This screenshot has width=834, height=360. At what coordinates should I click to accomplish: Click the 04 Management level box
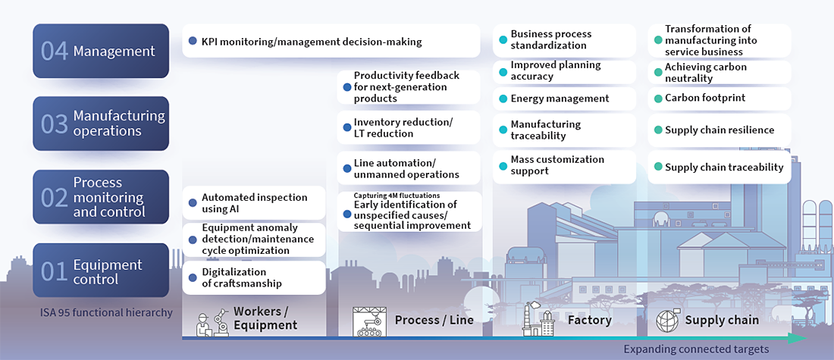point(101,51)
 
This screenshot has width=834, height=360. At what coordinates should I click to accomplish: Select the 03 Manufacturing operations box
point(101,123)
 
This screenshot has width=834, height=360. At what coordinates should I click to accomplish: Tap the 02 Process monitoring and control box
point(101,197)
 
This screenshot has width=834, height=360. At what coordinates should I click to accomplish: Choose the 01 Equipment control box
point(101,271)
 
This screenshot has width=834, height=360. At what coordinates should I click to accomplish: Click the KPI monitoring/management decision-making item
point(331,41)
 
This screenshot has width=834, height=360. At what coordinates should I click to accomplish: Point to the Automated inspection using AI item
point(254,203)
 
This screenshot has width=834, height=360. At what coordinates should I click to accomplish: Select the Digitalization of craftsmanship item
point(254,277)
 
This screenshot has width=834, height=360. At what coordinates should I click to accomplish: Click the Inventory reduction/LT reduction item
point(409,128)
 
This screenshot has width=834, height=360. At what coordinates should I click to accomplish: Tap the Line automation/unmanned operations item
point(409,168)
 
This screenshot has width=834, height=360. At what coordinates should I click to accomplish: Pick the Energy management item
point(564,99)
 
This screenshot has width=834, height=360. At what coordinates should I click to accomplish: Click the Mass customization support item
point(564,165)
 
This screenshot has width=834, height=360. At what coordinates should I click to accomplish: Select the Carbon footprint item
point(719,98)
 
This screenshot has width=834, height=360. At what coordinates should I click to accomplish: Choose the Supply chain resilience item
point(719,130)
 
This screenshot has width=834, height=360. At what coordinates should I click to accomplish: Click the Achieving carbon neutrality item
point(719,73)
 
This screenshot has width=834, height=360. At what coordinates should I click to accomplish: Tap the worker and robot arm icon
point(212,321)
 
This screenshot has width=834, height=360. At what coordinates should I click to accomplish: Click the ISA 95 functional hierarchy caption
point(106,312)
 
